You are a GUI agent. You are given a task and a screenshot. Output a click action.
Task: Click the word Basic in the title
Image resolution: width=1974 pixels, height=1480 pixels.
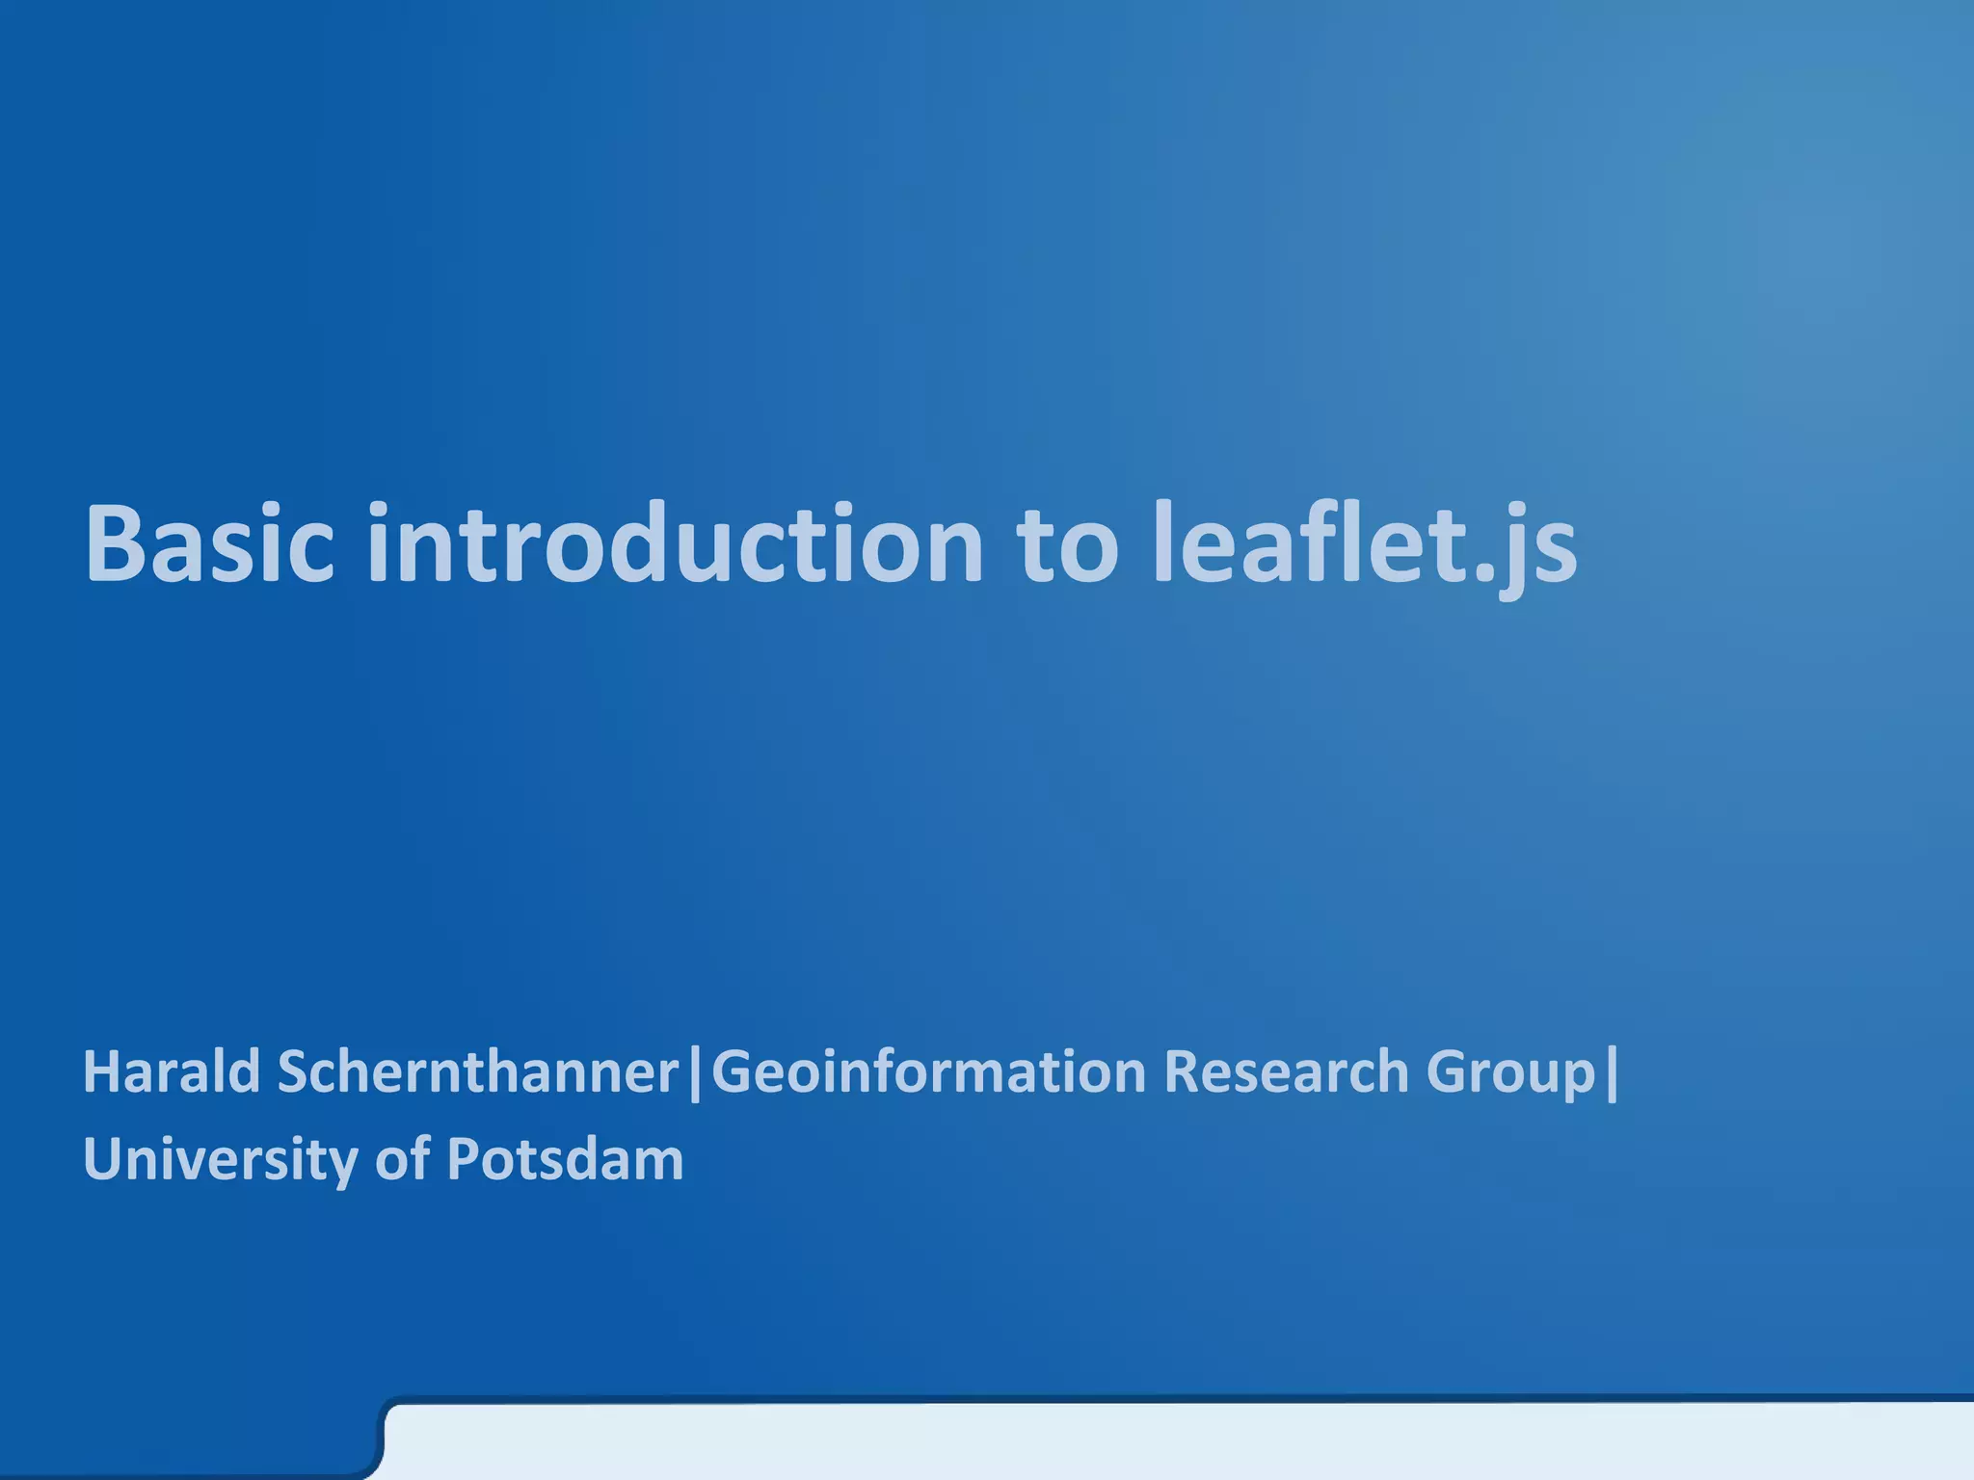[209, 543]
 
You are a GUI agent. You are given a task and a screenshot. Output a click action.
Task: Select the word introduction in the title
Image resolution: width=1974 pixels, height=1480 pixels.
[675, 543]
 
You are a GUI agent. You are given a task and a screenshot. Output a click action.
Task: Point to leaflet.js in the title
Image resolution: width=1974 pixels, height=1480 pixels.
[1365, 545]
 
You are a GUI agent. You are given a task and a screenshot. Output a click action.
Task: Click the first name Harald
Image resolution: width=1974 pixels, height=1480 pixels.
[172, 1071]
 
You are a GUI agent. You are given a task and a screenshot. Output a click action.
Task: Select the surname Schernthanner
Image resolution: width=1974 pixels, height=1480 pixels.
[478, 1071]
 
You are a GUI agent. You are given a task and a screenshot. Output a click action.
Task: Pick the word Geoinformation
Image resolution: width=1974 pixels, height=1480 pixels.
[927, 1071]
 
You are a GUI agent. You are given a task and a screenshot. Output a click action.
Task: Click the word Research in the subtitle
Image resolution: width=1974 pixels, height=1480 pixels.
[1286, 1071]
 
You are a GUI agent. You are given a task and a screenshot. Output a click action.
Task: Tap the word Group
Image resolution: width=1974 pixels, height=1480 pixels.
[1510, 1073]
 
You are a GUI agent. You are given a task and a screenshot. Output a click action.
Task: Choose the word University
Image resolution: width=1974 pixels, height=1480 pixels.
[221, 1159]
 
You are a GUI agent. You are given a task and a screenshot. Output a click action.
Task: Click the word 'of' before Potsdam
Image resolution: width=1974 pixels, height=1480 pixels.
[402, 1159]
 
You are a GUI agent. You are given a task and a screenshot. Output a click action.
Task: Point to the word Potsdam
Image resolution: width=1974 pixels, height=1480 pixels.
[565, 1159]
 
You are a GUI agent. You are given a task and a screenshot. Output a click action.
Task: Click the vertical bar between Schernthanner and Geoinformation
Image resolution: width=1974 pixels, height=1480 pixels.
[696, 1073]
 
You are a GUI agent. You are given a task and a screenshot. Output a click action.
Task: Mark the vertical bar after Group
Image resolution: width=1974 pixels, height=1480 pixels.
[1613, 1073]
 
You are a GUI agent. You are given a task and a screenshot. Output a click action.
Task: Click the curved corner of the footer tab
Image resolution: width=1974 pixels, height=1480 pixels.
[383, 1416]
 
